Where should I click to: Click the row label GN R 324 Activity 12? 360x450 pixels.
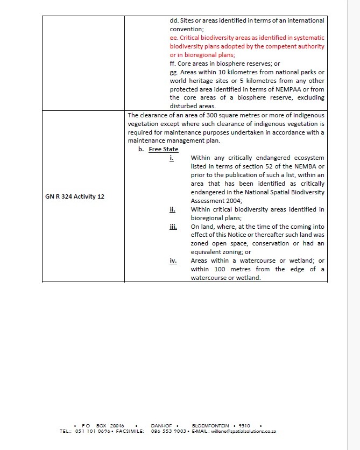tap(75, 196)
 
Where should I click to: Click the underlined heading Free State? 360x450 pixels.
tap(164, 149)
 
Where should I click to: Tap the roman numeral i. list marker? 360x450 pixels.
tap(172, 158)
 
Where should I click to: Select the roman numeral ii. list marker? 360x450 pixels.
tap(172, 209)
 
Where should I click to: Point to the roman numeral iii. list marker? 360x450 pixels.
tap(173, 227)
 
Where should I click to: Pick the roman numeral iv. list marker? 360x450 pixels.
tap(173, 261)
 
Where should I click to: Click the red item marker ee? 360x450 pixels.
tap(173, 38)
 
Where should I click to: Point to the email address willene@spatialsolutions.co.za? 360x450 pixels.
tap(251, 432)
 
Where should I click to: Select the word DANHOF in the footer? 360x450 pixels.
tap(161, 426)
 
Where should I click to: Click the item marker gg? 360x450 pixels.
tap(173, 72)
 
